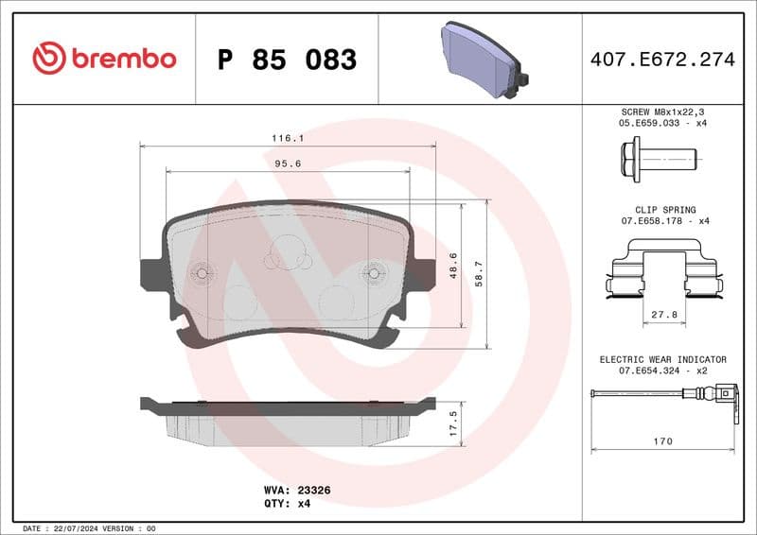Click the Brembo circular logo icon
point(49,59)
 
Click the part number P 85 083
point(287,60)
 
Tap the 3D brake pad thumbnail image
point(484,60)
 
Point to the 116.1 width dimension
point(289,137)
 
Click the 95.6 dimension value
point(288,164)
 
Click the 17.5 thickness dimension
point(452,419)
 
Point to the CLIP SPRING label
point(665,210)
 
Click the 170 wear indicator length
point(663,441)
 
